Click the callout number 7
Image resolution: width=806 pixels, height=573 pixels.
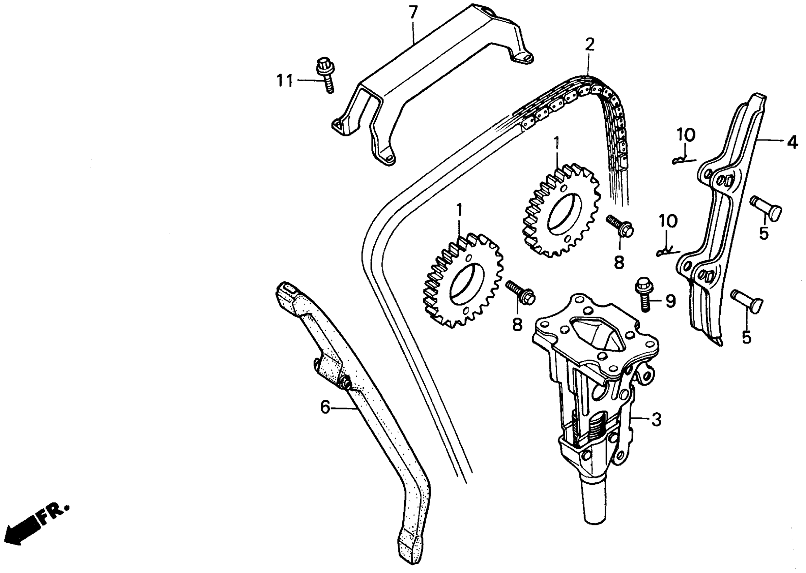pyautogui.click(x=413, y=13)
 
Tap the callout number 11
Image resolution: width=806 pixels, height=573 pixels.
pyautogui.click(x=285, y=81)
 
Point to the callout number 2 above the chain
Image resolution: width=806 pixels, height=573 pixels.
pyautogui.click(x=589, y=45)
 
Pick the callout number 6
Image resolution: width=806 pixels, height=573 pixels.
pyautogui.click(x=325, y=408)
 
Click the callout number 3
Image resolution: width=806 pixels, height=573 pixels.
pyautogui.click(x=656, y=420)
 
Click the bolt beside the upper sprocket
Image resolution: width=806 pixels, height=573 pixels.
pyautogui.click(x=620, y=226)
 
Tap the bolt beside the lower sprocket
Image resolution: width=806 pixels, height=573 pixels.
pyautogui.click(x=520, y=293)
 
